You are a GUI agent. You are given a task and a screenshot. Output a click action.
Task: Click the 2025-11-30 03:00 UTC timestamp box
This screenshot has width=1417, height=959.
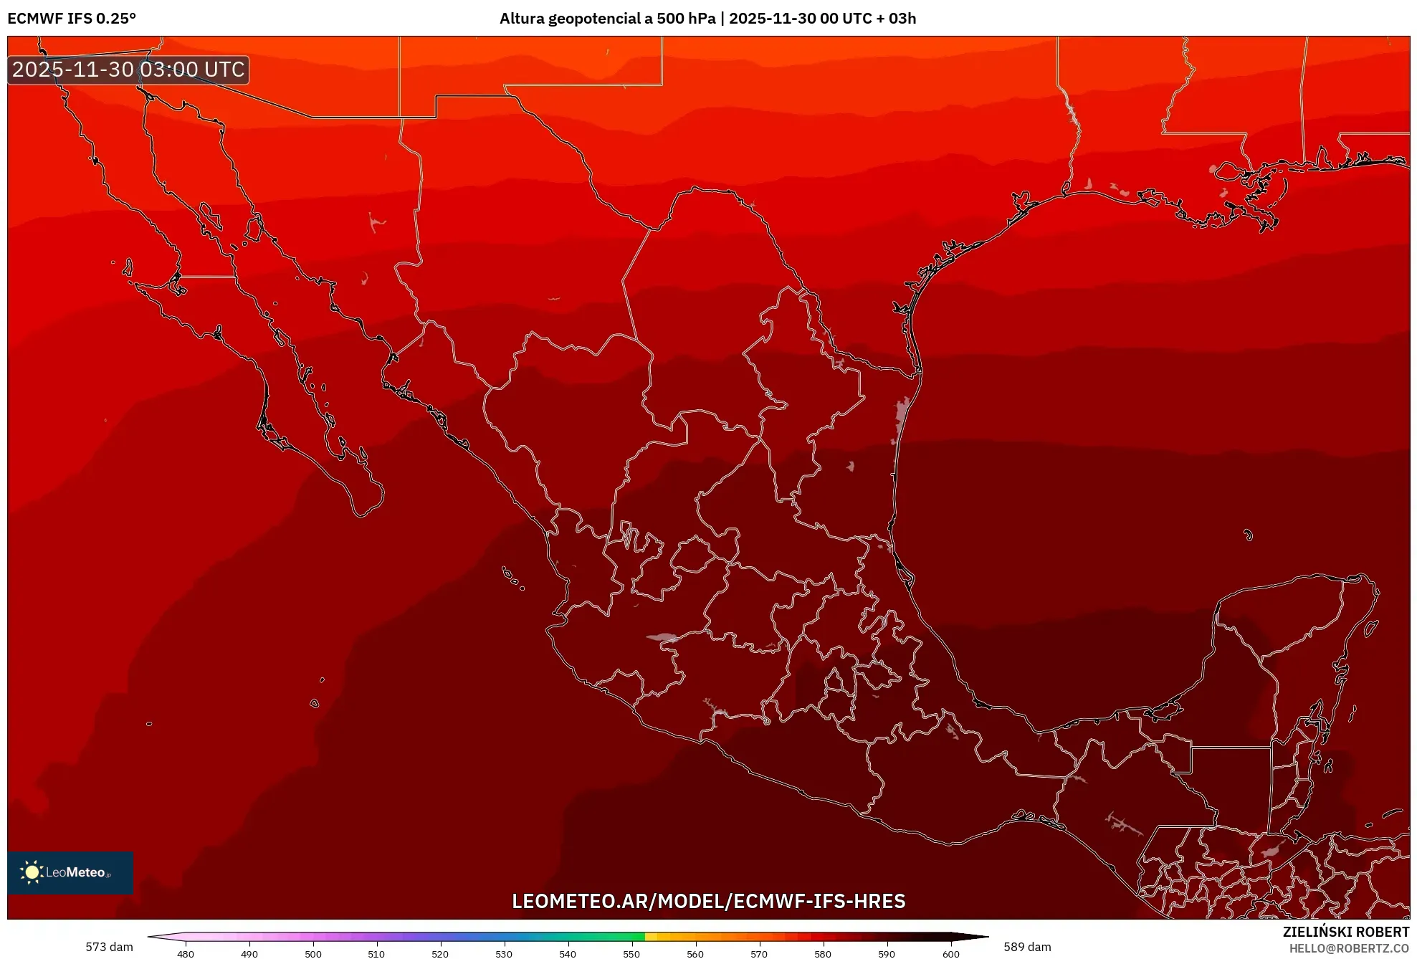[x=128, y=70]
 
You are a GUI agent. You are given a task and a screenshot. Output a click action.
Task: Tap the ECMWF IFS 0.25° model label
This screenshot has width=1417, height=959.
[x=72, y=19]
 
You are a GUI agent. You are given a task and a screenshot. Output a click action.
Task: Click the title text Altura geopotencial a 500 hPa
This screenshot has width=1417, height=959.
[x=607, y=19]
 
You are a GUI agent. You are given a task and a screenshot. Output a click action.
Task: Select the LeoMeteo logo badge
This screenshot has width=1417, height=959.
[x=70, y=872]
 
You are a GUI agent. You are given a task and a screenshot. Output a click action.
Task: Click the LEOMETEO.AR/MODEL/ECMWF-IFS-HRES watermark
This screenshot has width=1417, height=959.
[x=708, y=901]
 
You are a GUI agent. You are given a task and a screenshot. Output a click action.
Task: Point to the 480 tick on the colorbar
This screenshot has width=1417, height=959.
[x=186, y=953]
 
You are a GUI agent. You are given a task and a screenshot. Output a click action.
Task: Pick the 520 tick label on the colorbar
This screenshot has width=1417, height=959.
[x=440, y=953]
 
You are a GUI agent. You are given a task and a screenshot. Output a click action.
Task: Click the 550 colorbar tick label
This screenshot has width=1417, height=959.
[x=631, y=953]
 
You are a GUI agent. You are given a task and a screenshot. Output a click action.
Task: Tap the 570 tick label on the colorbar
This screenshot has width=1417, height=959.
[x=759, y=953]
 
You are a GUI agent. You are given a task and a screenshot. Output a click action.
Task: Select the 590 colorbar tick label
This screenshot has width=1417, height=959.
[x=887, y=953]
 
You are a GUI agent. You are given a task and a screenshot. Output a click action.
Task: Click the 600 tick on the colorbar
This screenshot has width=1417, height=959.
[x=950, y=953]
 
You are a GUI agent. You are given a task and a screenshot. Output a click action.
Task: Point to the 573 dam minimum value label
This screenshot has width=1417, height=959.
[x=109, y=947]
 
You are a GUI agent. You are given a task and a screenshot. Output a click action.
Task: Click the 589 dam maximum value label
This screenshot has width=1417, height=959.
[x=1027, y=947]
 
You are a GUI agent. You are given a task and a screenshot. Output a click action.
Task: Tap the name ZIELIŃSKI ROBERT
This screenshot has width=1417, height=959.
[x=1345, y=932]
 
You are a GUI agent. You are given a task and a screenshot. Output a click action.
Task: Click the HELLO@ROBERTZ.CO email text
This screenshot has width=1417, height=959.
[x=1349, y=948]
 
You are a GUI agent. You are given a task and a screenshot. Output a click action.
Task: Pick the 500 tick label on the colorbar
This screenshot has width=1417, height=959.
[x=313, y=953]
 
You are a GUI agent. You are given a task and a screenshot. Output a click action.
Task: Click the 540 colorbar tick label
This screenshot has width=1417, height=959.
[x=568, y=953]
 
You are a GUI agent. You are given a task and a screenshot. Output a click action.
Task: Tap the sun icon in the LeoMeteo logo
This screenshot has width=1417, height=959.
[x=32, y=872]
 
